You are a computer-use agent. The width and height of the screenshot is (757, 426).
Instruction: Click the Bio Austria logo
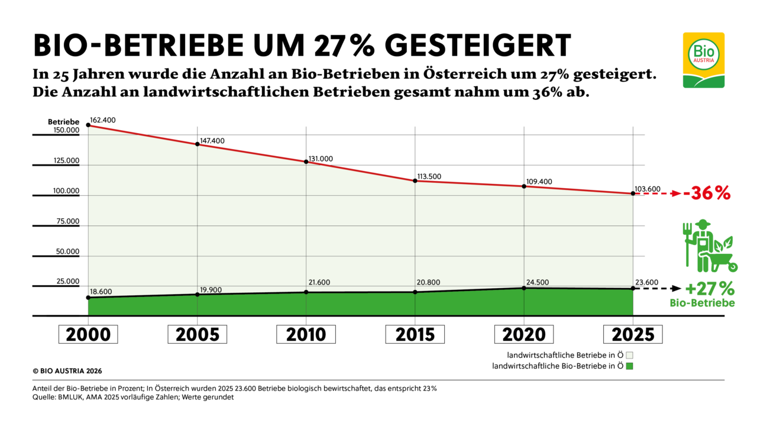703,60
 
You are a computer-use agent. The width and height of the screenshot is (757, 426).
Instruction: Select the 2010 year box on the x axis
306,334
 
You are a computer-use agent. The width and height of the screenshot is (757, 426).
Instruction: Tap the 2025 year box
633,334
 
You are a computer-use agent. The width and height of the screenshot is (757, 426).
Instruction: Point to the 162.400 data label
103,120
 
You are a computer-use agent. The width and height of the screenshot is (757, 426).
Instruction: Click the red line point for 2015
415,180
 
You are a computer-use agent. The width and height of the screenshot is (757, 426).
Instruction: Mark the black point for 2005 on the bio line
198,294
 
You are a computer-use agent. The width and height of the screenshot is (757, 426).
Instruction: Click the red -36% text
707,193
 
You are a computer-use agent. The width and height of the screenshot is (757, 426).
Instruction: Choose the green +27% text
710,289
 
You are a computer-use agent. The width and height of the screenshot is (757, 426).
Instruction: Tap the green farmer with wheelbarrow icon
707,246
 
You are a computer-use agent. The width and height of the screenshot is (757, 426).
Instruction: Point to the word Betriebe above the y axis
63,122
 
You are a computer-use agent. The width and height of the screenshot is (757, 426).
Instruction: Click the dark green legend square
630,366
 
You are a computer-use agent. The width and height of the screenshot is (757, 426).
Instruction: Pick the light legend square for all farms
630,356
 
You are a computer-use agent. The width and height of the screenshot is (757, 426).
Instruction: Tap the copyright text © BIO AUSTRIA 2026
67,371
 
